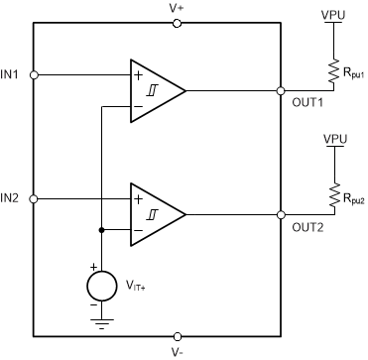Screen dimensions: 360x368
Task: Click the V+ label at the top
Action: point(177,8)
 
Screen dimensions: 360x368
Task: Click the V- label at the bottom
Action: point(177,351)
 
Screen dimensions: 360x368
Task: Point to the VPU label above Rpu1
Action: point(333,16)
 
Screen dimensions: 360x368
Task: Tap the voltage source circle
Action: point(100,285)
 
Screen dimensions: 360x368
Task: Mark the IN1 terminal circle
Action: point(35,74)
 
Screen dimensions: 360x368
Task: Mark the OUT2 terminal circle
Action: point(283,214)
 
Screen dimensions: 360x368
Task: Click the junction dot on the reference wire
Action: point(100,230)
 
